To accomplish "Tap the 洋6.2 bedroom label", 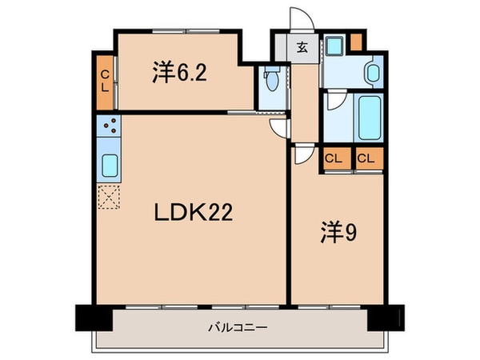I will click(180, 73).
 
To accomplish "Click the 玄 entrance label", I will click(306, 46).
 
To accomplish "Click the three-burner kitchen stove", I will click(108, 126).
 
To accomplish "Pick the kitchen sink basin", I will click(108, 166).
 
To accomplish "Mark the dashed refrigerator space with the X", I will click(108, 196).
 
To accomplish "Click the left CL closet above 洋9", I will click(334, 158).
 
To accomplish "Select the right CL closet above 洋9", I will click(366, 158).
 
